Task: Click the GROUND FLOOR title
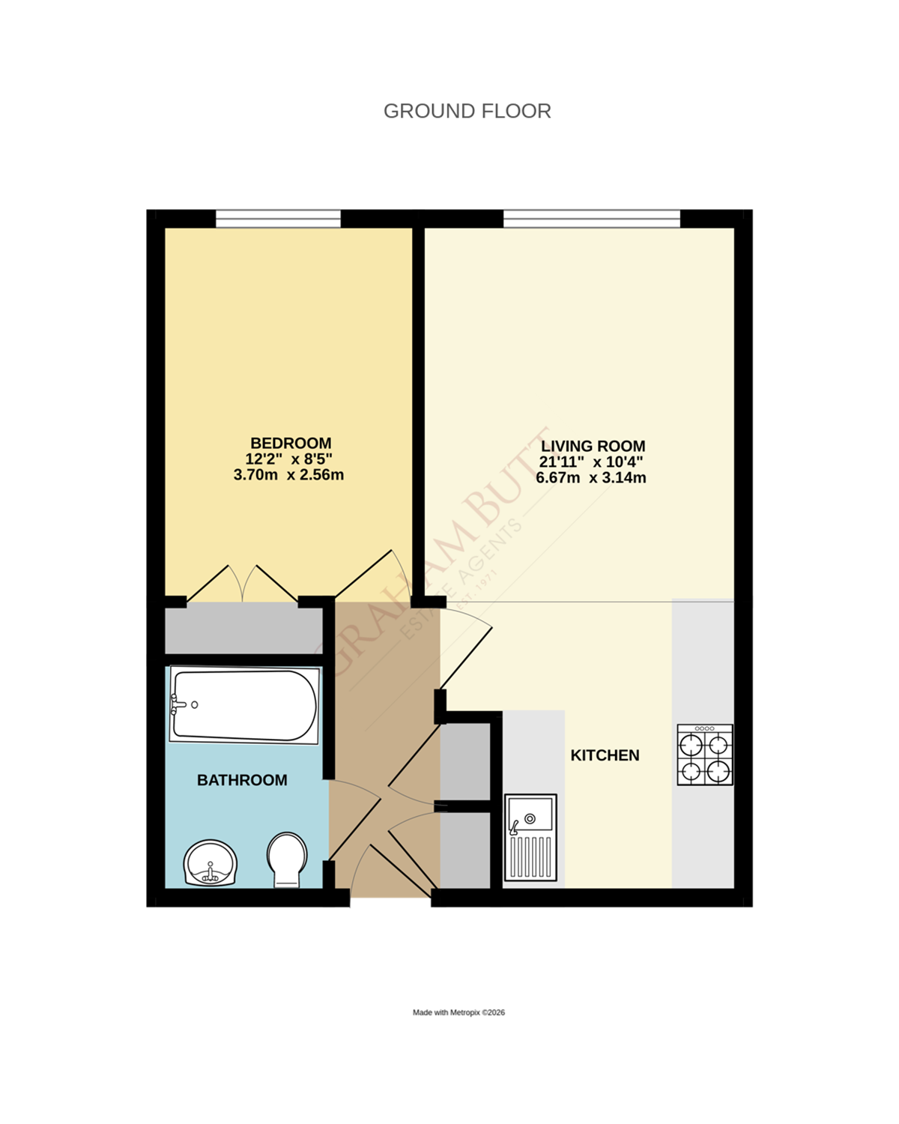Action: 467,111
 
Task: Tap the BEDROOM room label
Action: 291,443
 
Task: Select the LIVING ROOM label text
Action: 593,446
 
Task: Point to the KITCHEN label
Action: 605,755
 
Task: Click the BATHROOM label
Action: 242,780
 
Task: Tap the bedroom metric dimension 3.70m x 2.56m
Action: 288,475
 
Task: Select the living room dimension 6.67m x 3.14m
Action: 590,478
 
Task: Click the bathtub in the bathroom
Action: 244,706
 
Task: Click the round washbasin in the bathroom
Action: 211,862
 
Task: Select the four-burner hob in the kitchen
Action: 704,755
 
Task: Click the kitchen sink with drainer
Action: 530,837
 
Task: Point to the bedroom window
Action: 278,219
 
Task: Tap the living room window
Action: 591,219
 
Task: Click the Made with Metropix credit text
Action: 458,1012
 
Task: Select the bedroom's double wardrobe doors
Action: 242,584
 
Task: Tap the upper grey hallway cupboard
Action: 465,761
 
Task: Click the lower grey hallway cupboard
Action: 465,849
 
